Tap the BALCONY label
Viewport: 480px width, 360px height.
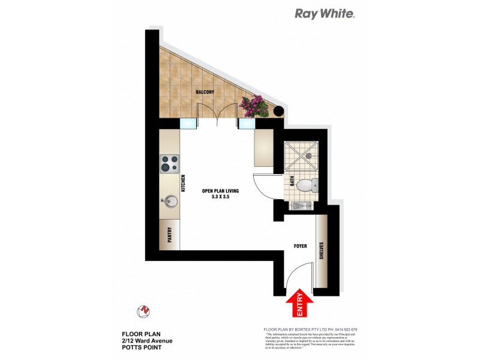pos(205,92)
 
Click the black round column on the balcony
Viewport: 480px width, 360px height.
pos(278,110)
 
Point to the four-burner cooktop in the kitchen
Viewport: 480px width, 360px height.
pos(169,162)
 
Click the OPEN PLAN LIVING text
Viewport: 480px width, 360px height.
pos(221,191)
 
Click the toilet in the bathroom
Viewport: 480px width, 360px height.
pos(307,184)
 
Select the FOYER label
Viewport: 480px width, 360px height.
pos(301,247)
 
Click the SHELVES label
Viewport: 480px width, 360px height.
pos(322,251)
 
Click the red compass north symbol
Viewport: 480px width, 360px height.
pos(143,310)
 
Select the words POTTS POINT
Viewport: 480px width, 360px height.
pos(142,347)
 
